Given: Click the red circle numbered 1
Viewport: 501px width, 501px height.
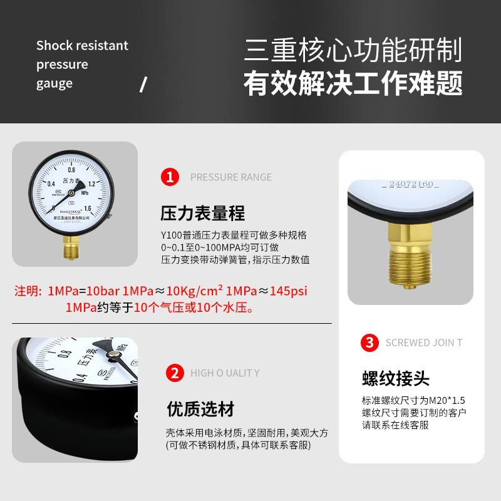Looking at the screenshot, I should [170, 177].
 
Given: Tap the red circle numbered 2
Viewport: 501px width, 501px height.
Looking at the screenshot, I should [173, 373].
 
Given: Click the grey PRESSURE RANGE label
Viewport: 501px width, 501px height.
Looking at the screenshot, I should [231, 177].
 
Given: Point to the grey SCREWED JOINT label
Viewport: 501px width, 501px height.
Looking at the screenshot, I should [424, 343].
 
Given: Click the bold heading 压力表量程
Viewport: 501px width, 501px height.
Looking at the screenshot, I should [202, 213].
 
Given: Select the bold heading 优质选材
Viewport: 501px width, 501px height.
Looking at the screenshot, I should [200, 410].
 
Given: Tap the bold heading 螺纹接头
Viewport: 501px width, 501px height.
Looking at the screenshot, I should [396, 378].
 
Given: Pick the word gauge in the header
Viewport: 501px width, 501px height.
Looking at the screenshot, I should [54, 83].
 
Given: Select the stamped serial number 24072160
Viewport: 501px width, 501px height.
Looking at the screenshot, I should [411, 185].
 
